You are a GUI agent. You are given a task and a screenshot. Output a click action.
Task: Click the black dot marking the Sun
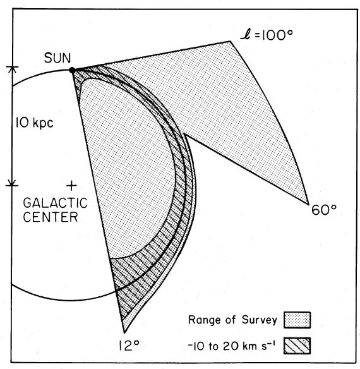point(72,70)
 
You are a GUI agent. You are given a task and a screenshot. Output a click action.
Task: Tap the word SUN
point(57,58)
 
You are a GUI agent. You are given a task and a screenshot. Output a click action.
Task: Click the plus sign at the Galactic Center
point(72,186)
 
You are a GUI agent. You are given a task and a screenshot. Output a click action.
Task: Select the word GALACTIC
point(56,203)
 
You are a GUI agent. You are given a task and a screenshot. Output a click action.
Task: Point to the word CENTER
point(51,217)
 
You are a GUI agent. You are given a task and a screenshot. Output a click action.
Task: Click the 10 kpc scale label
point(34,123)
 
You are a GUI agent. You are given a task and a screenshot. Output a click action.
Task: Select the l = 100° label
point(267,36)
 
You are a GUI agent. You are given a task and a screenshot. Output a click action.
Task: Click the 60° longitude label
point(324,210)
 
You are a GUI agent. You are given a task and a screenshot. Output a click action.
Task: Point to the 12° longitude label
point(129,346)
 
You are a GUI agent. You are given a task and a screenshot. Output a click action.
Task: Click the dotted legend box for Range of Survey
point(297,320)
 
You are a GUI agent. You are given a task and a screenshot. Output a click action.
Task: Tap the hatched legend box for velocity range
point(297,346)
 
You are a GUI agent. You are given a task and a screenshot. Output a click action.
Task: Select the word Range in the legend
point(205,320)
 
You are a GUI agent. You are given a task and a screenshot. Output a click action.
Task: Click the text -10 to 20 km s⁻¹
point(232,346)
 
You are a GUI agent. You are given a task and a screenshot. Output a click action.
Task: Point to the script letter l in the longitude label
point(246,36)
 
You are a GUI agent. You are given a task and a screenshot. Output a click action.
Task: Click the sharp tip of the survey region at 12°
point(124,332)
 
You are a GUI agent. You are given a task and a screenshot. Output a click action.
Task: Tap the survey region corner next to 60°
point(308,204)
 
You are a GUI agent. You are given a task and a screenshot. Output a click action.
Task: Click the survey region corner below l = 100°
point(231,42)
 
